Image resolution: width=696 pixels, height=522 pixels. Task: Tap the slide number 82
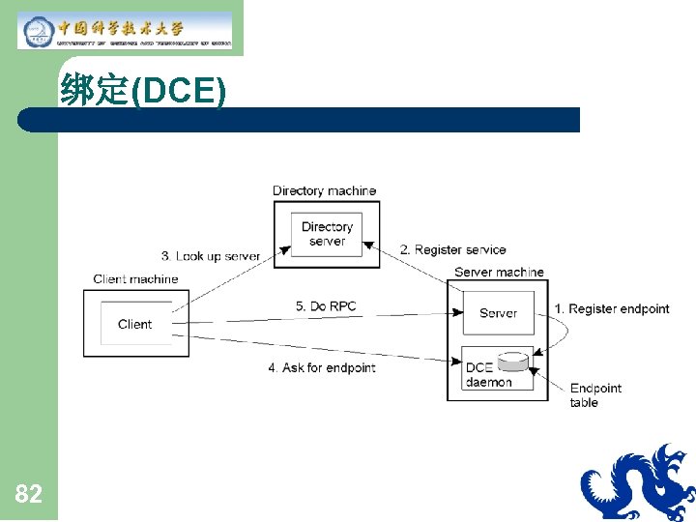tap(29, 495)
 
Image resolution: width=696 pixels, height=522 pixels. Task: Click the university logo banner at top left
tap(126, 31)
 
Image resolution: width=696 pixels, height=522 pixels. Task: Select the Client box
tap(135, 324)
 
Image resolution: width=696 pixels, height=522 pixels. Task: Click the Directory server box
tap(327, 234)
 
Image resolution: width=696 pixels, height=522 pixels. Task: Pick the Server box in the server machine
tap(498, 313)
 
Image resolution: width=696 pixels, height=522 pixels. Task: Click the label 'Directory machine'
tap(324, 190)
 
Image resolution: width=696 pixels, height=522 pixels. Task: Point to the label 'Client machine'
tap(135, 279)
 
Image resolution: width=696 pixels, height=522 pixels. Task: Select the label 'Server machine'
tap(499, 273)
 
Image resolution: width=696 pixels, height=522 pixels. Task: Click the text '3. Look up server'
tap(211, 256)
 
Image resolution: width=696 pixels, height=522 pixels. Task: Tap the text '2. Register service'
tap(453, 250)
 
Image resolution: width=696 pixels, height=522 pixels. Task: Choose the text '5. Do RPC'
tap(326, 306)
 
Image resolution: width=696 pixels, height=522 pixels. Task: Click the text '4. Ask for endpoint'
tap(322, 367)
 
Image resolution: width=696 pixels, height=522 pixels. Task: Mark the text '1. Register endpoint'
tap(612, 309)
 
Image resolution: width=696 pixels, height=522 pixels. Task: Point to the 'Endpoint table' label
tap(594, 395)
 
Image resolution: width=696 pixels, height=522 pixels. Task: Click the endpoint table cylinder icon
tap(514, 362)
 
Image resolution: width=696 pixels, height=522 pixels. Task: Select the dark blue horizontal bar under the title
tap(300, 120)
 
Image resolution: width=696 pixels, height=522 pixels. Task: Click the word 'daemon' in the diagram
tap(489, 382)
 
